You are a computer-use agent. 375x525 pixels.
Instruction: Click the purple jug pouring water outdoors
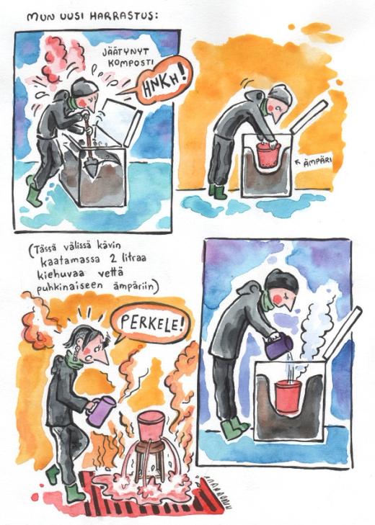point(278,346)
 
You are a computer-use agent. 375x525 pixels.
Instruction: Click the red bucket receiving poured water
point(287,396)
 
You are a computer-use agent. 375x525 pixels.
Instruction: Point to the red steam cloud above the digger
point(61,61)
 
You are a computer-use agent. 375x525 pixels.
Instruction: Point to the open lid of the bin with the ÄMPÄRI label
point(309,116)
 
